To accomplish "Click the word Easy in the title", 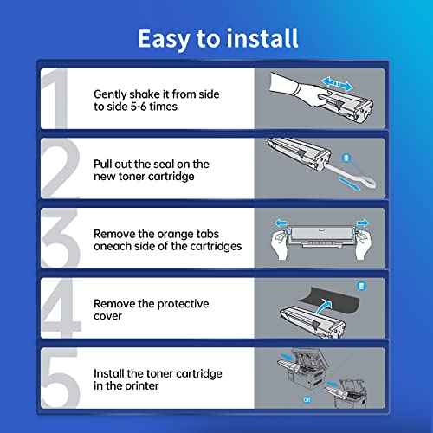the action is tap(164, 39).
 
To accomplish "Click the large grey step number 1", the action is tap(55, 99).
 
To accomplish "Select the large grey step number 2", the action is tap(60, 168).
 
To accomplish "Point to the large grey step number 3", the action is tap(60, 238).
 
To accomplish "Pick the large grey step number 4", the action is tap(61, 307).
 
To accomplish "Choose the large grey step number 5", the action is tap(60, 378).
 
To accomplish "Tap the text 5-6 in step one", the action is tap(139, 107).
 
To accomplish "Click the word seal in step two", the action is tap(164, 164).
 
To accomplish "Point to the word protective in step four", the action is tap(183, 304).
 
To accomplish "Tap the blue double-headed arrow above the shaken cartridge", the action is tap(337, 83).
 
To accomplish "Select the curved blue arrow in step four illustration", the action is tap(323, 307).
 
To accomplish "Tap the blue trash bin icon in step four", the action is tap(361, 286).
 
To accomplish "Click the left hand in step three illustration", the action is tap(280, 245).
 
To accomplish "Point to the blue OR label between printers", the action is tap(307, 400).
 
